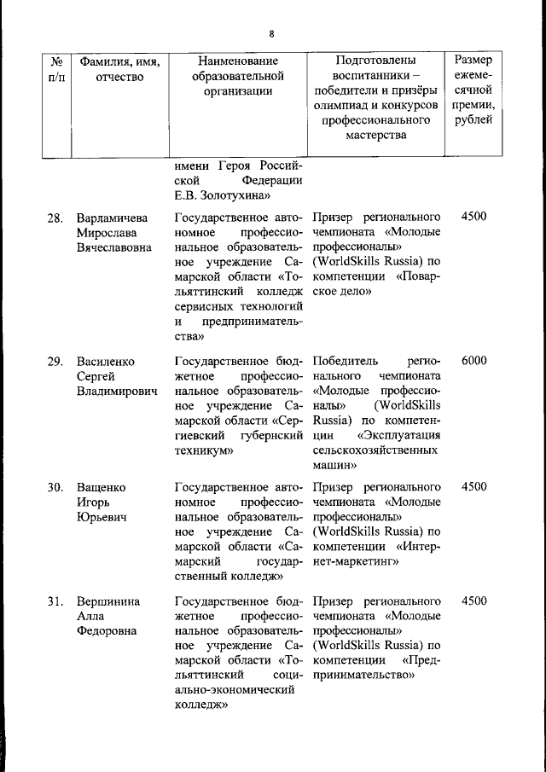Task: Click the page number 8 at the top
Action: coord(272,34)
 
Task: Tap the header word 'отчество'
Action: coord(120,78)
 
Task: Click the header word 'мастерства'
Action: coord(376,135)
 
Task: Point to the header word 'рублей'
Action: coord(473,119)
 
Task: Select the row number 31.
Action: coord(55,601)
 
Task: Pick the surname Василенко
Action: coord(106,360)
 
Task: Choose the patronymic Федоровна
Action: coord(106,632)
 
